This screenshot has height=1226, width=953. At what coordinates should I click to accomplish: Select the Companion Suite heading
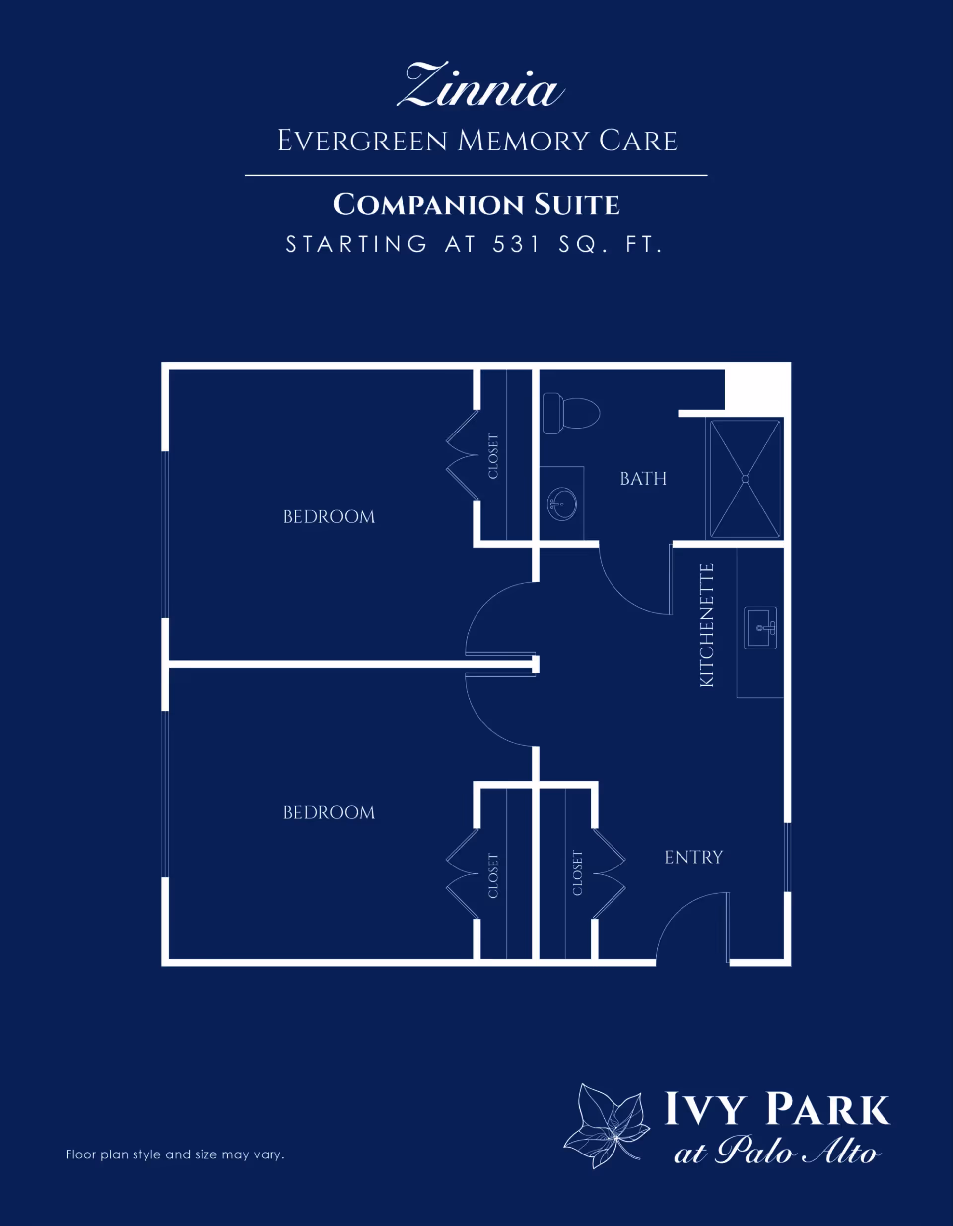[x=476, y=205]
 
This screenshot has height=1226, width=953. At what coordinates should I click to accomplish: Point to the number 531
[x=516, y=244]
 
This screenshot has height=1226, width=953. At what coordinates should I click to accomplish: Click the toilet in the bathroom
[x=571, y=413]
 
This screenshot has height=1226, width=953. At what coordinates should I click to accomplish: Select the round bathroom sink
[x=562, y=504]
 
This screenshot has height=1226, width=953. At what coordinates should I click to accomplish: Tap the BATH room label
[x=643, y=478]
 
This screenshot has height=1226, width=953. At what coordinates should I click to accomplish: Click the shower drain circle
[x=745, y=479]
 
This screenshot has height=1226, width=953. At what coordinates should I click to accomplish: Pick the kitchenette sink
[x=760, y=628]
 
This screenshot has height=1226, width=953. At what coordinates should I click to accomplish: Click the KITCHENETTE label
[x=707, y=625]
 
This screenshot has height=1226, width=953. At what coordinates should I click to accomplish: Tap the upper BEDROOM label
[x=329, y=516]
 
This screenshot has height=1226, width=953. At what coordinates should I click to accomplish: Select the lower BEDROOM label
[x=329, y=812]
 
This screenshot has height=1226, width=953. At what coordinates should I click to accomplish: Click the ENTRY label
[x=694, y=857]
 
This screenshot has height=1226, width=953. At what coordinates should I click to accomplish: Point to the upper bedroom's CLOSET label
[x=493, y=456]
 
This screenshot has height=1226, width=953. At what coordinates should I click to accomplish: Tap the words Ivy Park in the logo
[x=777, y=1109]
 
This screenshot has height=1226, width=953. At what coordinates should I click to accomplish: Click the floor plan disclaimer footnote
[x=175, y=1154]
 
